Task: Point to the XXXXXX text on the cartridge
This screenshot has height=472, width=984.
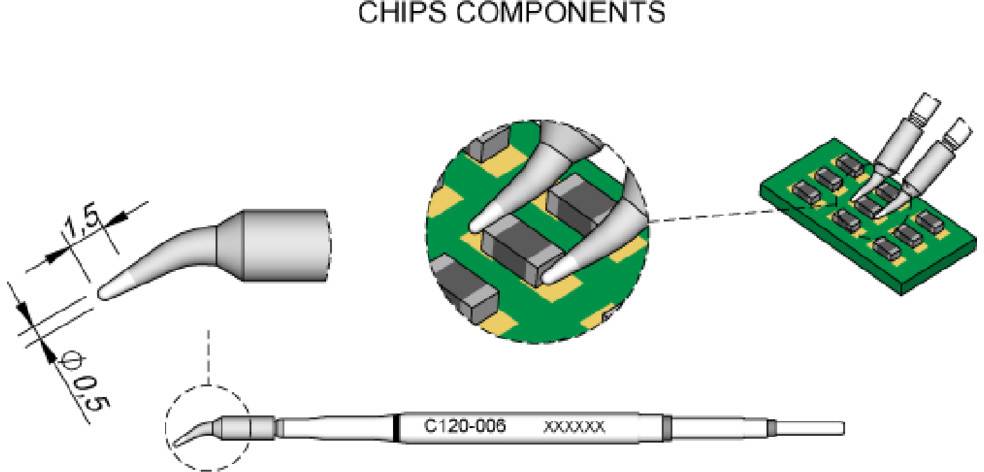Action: pos(574,427)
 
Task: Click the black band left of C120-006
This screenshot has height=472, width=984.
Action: pos(399,427)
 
